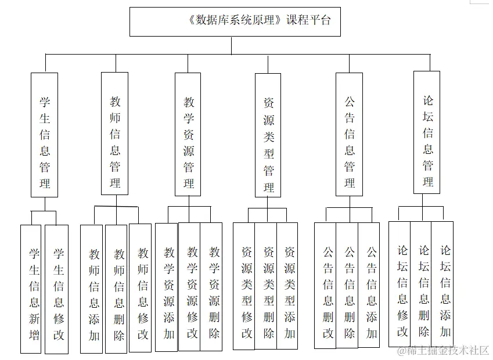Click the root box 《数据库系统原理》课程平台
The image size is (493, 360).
235,21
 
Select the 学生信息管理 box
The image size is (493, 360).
44,134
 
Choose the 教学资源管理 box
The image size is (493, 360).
188,134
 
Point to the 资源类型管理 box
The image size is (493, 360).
268,135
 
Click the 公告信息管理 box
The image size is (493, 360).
350,134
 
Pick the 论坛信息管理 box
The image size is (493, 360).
427,132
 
